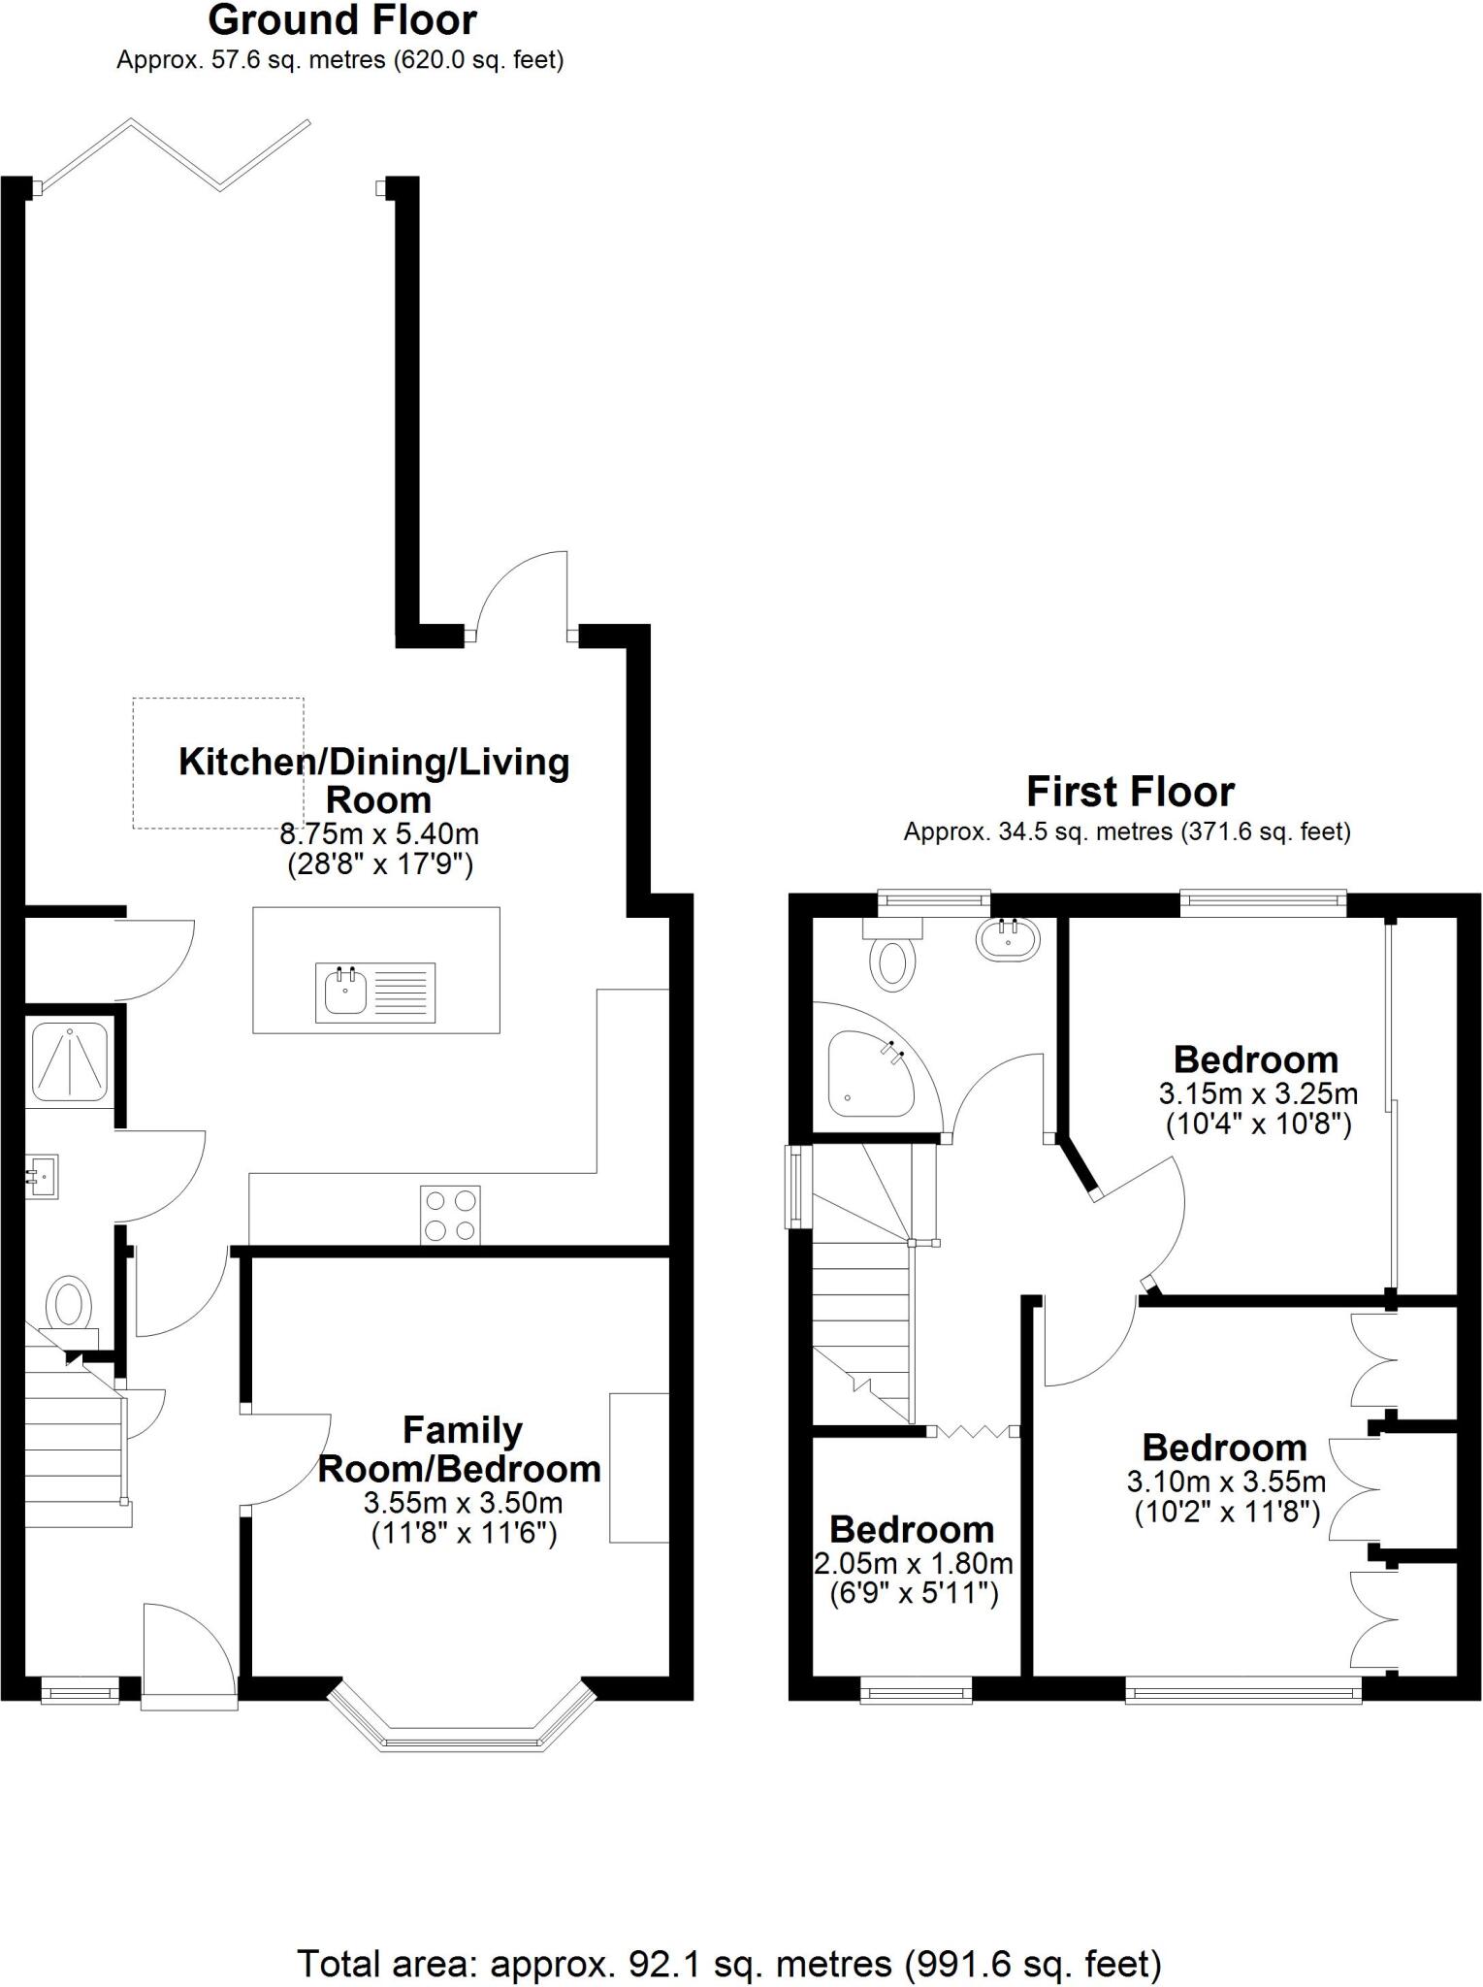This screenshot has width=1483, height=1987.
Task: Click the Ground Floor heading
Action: [342, 20]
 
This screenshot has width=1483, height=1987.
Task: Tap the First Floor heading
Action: [1130, 792]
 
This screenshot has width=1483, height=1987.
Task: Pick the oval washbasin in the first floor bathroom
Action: [1009, 939]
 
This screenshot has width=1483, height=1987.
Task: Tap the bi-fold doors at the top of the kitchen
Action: [175, 153]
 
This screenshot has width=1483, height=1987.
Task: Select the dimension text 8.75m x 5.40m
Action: [379, 833]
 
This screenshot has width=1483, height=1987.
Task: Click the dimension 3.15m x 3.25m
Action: [1258, 1093]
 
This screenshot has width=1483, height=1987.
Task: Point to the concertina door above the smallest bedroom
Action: [974, 1431]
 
